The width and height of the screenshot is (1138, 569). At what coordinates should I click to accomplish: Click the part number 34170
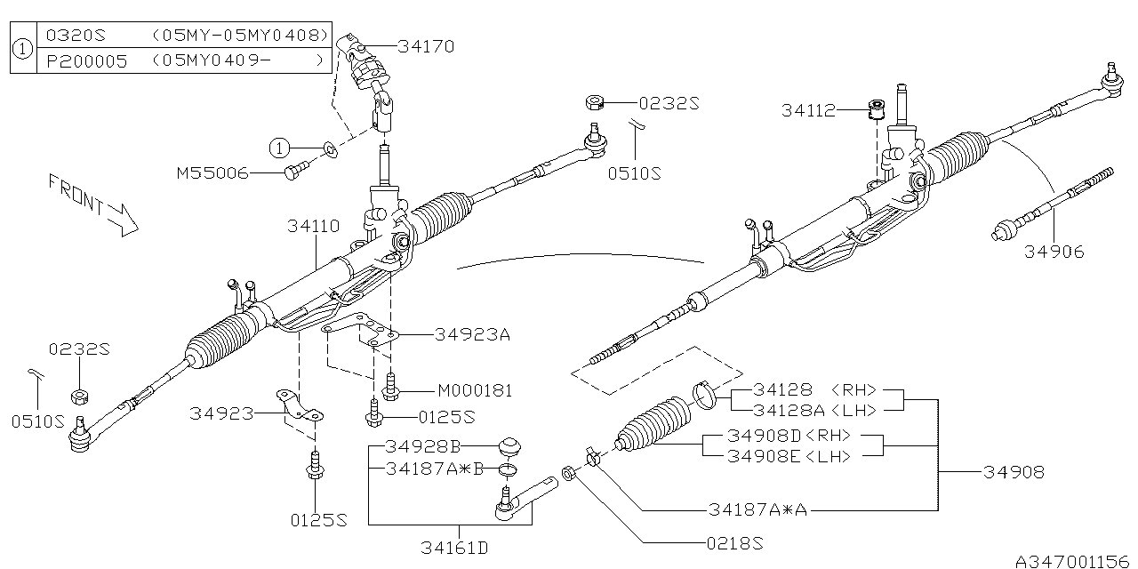(426, 46)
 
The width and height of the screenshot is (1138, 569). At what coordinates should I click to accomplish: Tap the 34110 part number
(313, 227)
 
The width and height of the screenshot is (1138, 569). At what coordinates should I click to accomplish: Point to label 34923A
(473, 335)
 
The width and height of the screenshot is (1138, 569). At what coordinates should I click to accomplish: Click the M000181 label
(475, 390)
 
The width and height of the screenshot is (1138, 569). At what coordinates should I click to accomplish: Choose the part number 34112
(808, 110)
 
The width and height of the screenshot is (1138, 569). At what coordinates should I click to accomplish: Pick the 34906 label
(1054, 252)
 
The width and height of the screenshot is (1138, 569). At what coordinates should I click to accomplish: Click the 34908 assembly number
(1014, 472)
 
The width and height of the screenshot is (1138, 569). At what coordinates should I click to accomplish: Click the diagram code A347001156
(1072, 560)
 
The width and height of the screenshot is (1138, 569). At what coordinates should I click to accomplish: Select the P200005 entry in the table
(78, 61)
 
